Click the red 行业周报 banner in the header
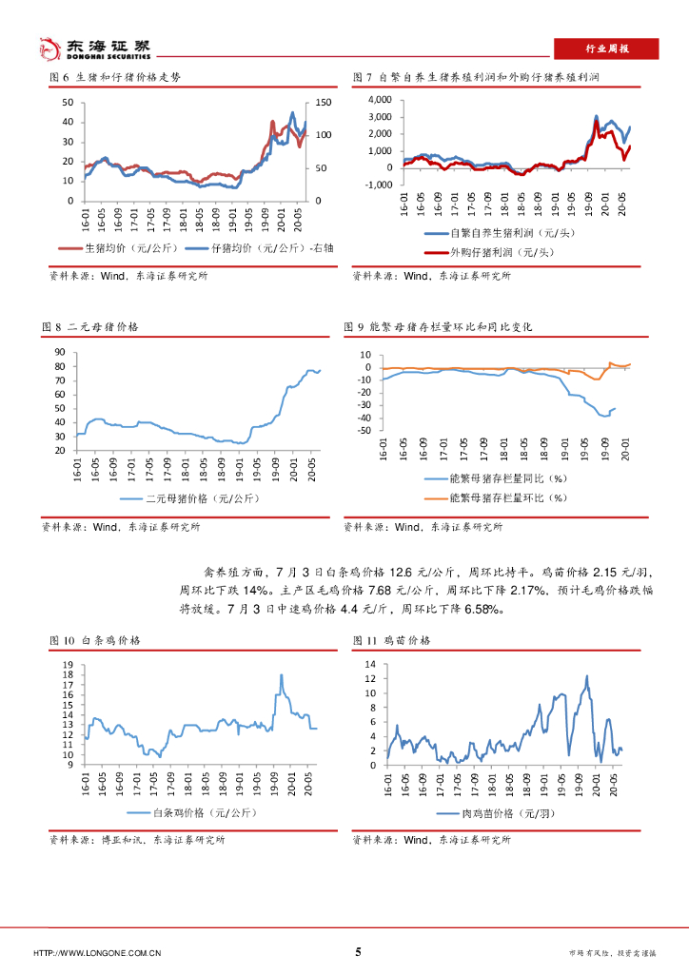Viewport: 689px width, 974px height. click(606, 49)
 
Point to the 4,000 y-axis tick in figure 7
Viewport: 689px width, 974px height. click(378, 100)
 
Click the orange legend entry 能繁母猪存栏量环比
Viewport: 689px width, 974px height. click(505, 497)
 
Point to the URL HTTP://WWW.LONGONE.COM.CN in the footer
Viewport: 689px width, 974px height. click(97, 953)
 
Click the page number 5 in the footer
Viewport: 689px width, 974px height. click(358, 952)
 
